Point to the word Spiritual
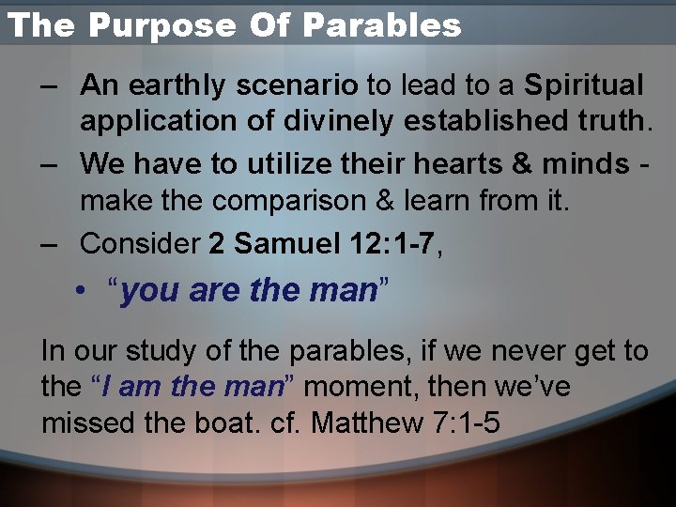pos(584,85)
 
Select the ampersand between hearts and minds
pos(523,164)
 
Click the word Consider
pos(140,243)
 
